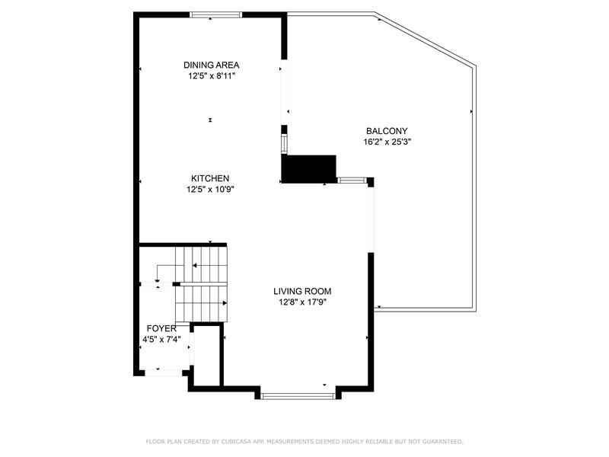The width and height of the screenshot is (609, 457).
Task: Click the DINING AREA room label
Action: pos(212,65)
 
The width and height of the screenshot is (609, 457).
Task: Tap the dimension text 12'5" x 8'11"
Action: pos(212,75)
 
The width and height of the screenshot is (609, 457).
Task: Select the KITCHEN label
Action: pos(210,178)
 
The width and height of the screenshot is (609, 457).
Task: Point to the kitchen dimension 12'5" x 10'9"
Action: pos(210,189)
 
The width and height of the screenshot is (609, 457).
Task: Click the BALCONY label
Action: pos(387,131)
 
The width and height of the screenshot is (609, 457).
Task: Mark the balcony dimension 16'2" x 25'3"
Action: pos(387,142)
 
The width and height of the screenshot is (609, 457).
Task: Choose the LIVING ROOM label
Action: pos(302,291)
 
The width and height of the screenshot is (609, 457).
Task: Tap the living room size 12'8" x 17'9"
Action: pos(302,302)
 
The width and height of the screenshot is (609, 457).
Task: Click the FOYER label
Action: pos(161,328)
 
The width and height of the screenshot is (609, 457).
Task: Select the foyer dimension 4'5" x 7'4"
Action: pos(161,339)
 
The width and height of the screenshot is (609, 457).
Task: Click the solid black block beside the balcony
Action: pos(309,169)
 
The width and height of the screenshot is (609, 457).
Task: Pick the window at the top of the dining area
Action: pos(216,14)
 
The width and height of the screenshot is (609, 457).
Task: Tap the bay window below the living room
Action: pos(298,396)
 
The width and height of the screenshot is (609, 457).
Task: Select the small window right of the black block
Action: pos(352,181)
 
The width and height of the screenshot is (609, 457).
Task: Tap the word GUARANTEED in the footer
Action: pos(443,442)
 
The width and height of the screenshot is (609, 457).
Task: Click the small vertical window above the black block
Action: pos(284,143)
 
